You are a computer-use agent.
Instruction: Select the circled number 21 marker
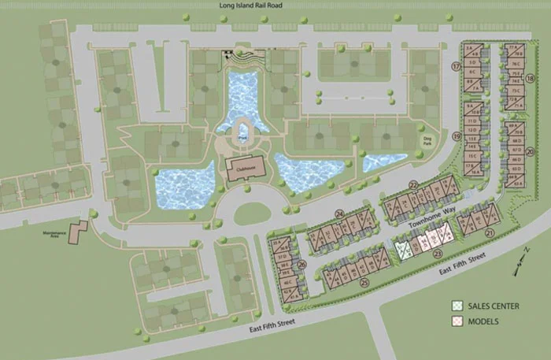pos(489,233)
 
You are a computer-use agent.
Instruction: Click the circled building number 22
pos(413,185)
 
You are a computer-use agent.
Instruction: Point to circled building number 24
pos(339,213)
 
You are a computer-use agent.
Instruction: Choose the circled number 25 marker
pos(364,282)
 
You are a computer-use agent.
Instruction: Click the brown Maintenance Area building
pos(78,232)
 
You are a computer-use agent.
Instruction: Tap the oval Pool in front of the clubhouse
pos(243,136)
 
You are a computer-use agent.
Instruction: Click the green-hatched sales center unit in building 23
pos(404,250)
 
